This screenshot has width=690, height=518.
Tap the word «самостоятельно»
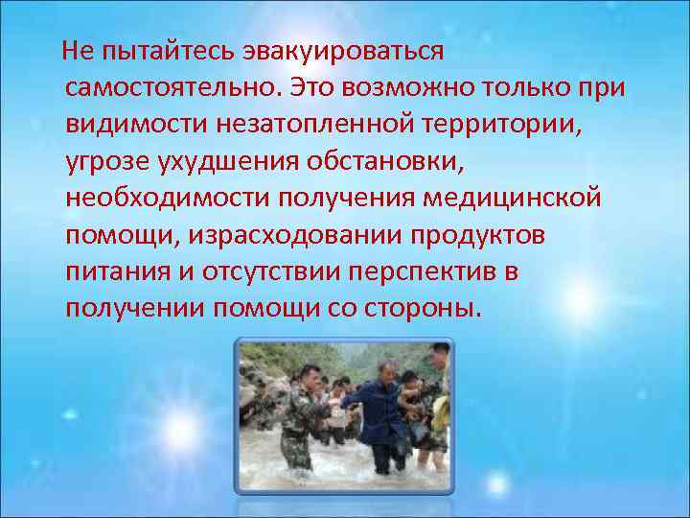pyautogui.click(x=171, y=88)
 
